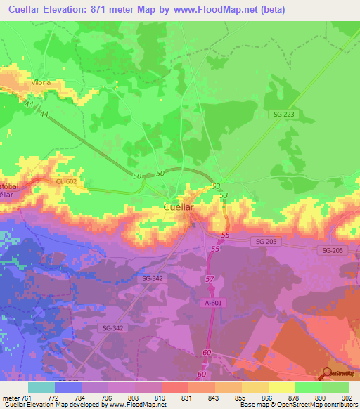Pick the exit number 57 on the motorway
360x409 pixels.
tap(210, 280)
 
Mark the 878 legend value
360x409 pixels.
tap(295, 397)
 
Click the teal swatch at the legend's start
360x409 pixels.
tap(41, 387)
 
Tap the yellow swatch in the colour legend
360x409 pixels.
tap(281, 387)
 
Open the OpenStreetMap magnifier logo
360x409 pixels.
tap(328, 373)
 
